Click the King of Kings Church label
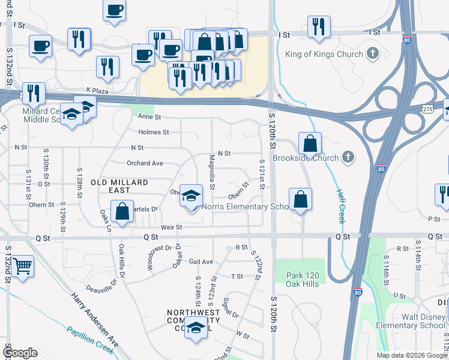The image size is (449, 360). pyautogui.click(x=324, y=54)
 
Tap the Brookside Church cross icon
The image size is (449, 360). pyautogui.click(x=348, y=158)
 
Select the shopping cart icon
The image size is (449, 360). pyautogui.click(x=23, y=265)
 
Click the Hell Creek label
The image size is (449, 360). pyautogui.click(x=340, y=205)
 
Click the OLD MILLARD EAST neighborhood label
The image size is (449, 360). pyautogui.click(x=119, y=185)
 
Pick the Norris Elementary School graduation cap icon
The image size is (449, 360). pyautogui.click(x=191, y=196)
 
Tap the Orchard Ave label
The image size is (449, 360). pyautogui.click(x=145, y=163)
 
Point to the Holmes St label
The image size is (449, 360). pyautogui.click(x=154, y=132)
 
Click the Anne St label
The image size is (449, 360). pyautogui.click(x=150, y=117)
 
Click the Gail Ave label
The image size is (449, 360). pyautogui.click(x=201, y=262)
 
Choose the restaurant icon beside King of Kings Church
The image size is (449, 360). pyautogui.click(x=319, y=26)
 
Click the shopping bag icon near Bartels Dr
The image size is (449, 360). pyautogui.click(x=122, y=212)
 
